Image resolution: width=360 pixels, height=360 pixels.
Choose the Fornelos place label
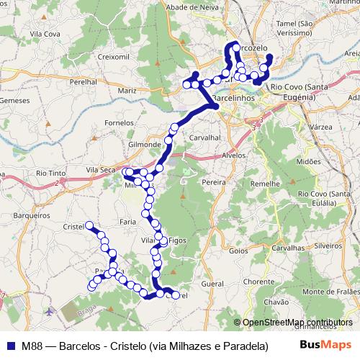[119, 122]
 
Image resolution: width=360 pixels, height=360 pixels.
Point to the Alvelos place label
[235, 155]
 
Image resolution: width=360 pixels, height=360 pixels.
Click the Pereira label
[214, 183]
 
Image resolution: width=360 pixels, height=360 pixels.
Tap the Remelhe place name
[264, 184]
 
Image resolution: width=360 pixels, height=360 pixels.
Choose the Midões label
[307, 162]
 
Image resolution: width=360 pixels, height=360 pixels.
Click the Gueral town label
[215, 284]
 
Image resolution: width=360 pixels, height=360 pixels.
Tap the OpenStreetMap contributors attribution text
[298, 323]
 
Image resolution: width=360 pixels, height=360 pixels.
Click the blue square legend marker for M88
[9, 346]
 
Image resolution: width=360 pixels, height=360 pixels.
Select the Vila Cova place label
[42, 33]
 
